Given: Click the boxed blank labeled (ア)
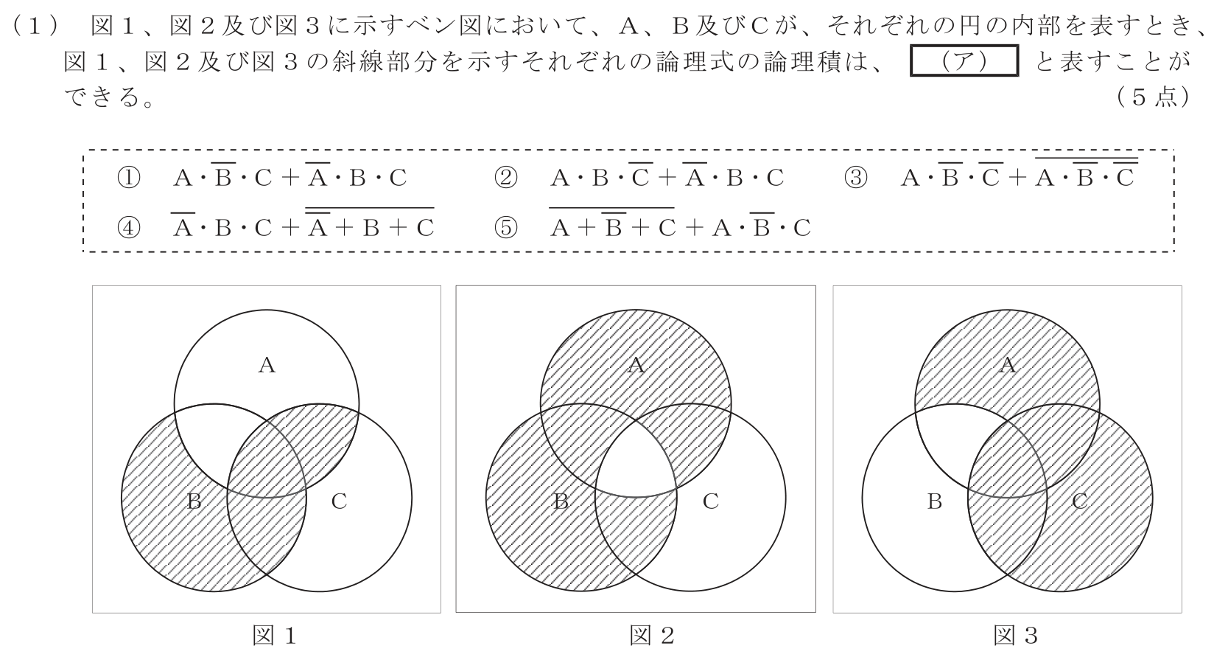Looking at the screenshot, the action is [964, 60].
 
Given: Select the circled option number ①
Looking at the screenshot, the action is [128, 177].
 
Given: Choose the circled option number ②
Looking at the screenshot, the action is [505, 177].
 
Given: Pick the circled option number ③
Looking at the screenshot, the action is [856, 177].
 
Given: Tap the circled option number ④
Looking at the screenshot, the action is [128, 228].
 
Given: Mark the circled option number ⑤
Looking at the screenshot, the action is [505, 228].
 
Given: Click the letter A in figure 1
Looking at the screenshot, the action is [267, 366].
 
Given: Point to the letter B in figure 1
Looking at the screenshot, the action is [194, 501].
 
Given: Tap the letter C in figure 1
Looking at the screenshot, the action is [339, 501].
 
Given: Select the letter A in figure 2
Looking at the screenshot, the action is [636, 366].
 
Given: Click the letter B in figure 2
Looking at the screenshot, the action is [561, 501].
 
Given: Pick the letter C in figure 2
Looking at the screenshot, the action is [711, 501].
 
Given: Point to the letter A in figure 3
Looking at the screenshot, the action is [1008, 366].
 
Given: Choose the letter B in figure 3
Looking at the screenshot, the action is [934, 501].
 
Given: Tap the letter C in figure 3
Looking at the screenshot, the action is [1080, 501].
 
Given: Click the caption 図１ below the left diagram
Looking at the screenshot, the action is [275, 636].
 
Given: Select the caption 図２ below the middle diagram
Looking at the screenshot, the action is [652, 636].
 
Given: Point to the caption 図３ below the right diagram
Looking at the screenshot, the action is [1016, 636].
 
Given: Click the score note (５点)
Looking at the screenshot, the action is [1154, 97].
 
